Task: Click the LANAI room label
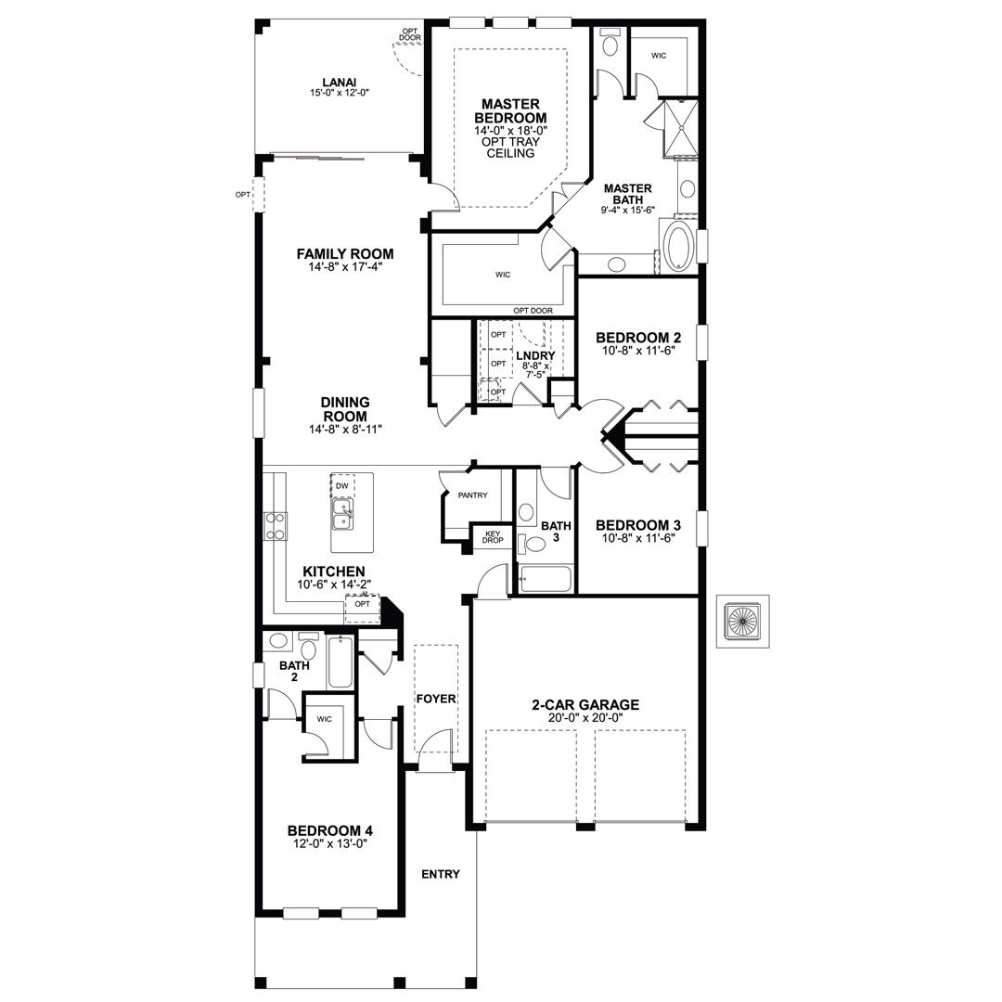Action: [340, 82]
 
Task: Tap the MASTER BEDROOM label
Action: [510, 110]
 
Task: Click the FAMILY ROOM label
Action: [345, 253]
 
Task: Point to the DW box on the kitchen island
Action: [342, 485]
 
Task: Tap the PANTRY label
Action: [473, 495]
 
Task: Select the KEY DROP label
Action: [493, 537]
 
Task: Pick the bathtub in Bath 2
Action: [340, 662]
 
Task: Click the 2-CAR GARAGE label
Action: [585, 705]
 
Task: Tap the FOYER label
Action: [436, 699]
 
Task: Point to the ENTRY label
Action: [441, 874]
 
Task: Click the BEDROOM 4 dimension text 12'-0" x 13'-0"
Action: [329, 843]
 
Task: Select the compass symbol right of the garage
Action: [742, 621]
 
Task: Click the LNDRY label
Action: [535, 355]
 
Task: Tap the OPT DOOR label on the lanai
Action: [410, 34]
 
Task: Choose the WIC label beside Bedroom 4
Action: [324, 719]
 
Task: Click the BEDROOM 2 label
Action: [638, 338]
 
